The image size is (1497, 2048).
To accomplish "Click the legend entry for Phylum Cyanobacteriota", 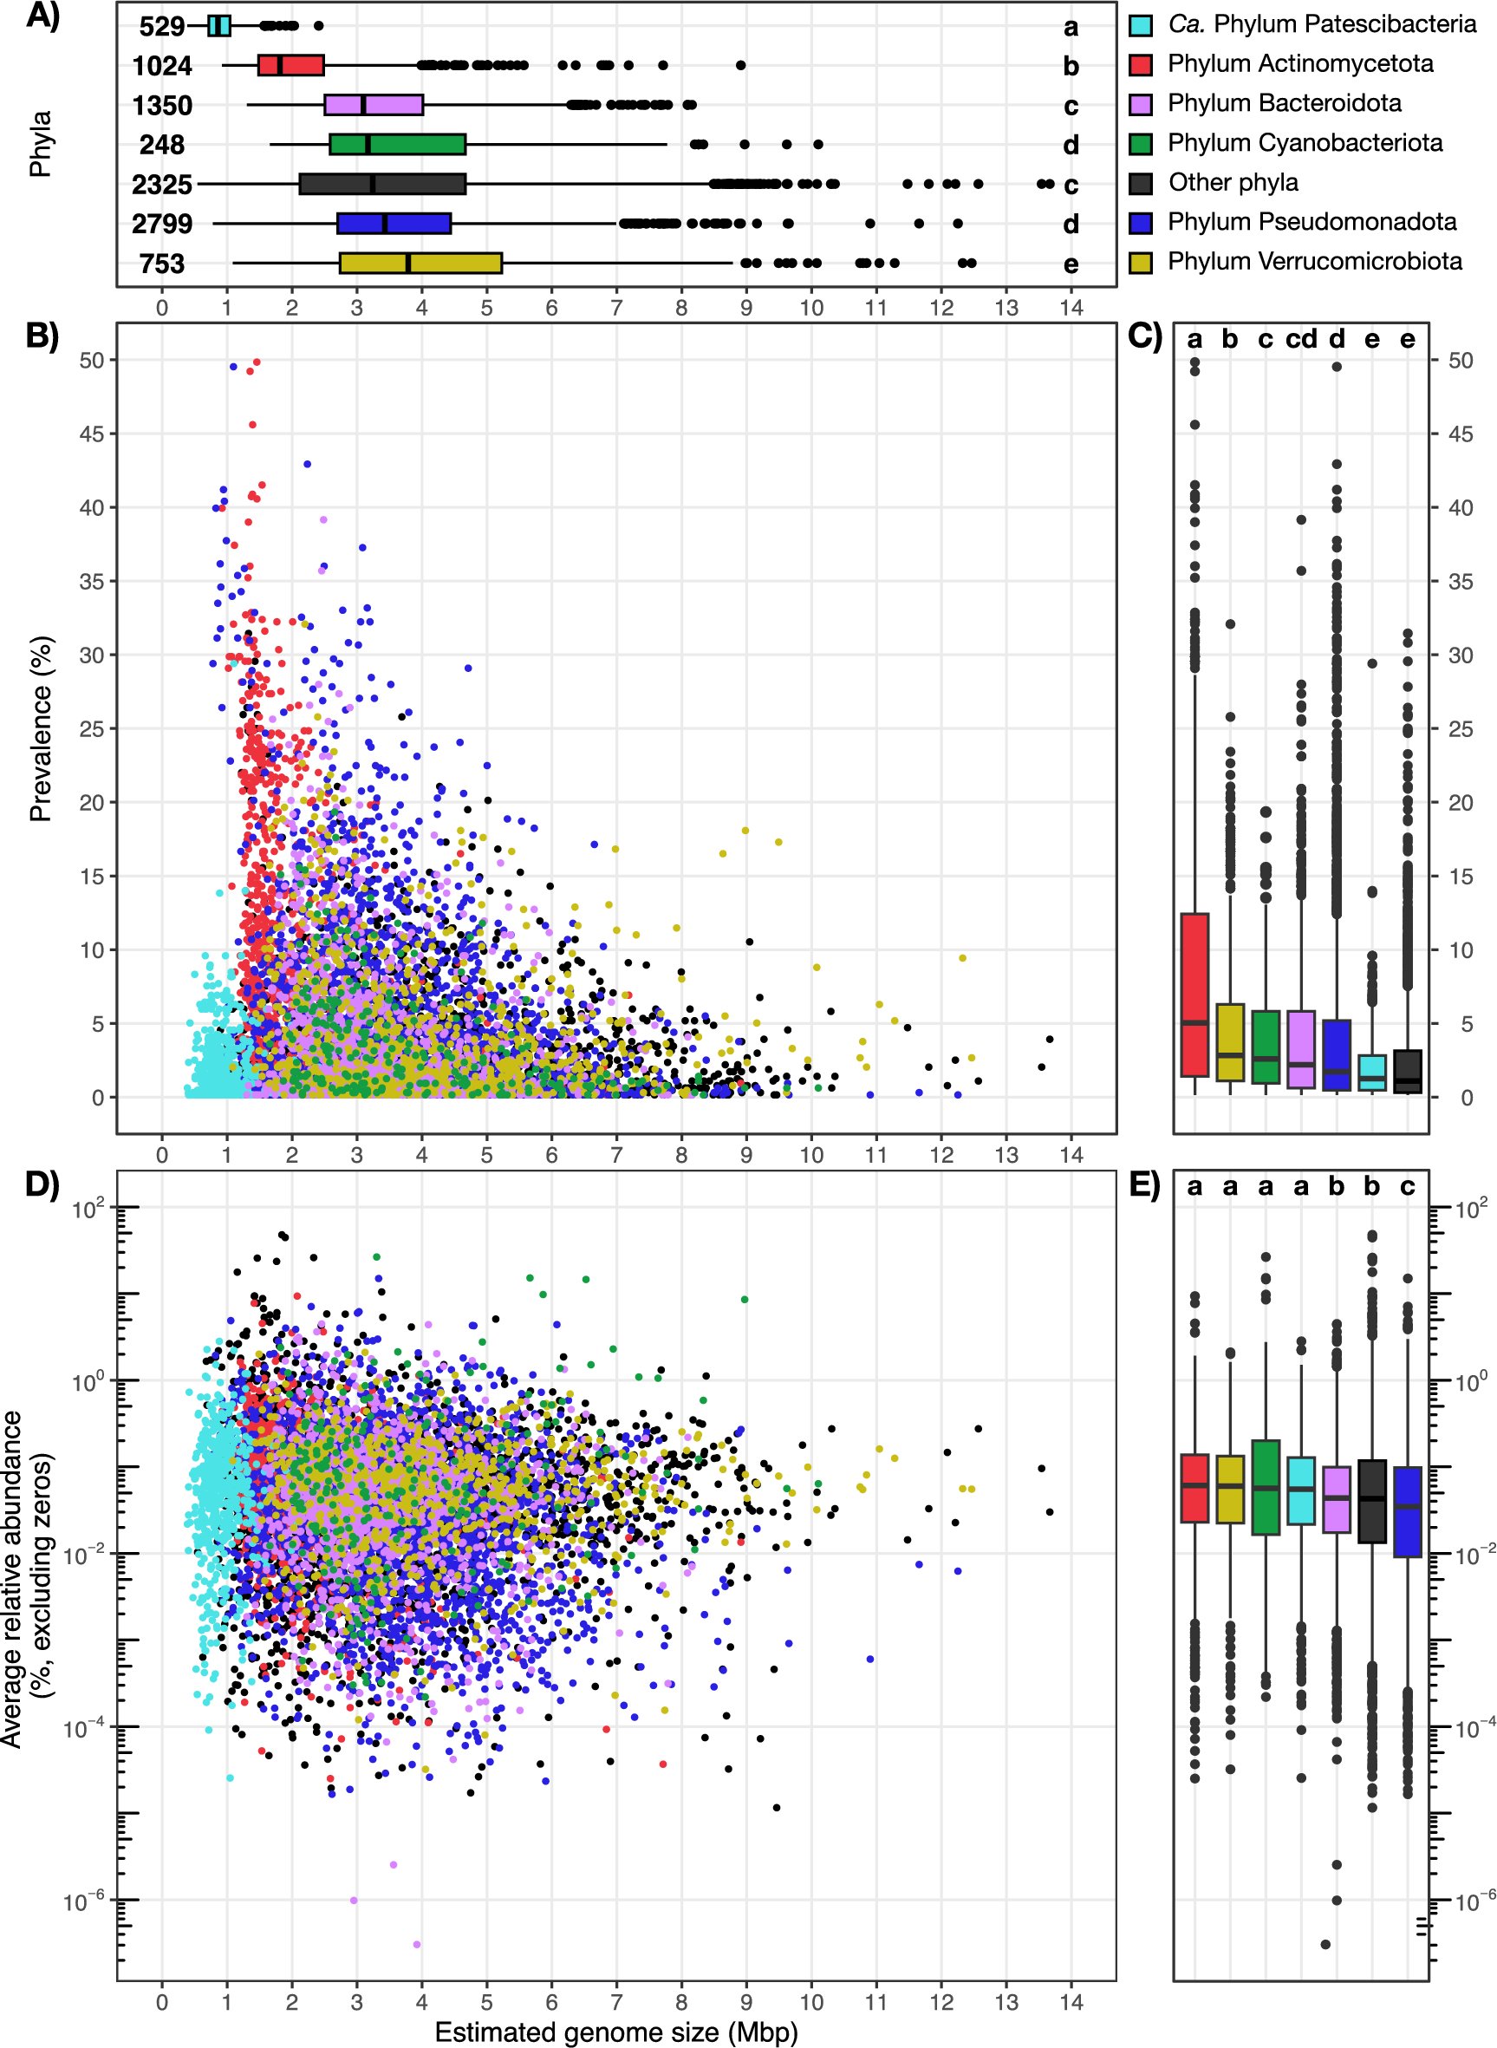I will (1304, 143).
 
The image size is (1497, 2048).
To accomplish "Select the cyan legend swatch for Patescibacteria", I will (1141, 24).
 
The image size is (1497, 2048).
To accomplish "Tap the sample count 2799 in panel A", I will (162, 224).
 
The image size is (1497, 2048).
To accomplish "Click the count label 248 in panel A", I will (162, 145).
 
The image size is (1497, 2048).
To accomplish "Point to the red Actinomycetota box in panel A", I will (291, 65).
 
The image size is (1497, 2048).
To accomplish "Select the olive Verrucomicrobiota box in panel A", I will (420, 263).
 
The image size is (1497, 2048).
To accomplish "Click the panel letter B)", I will (42, 336).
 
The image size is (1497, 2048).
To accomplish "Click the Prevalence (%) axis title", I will (41, 728).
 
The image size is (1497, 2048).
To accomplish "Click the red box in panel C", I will (1195, 995).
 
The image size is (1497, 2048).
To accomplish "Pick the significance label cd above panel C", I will (1301, 340).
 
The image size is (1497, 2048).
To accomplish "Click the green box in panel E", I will (1265, 1487).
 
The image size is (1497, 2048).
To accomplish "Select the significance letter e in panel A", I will (1071, 264).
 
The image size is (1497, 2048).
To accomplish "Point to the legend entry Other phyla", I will (1233, 183).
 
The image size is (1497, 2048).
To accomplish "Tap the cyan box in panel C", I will (1372, 1073).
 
